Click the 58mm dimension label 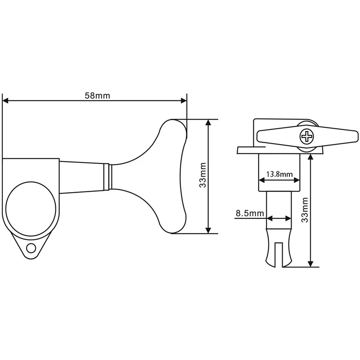click(97, 95)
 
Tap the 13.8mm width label click(279, 174)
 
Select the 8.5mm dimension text click(249, 213)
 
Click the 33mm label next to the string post click(305, 210)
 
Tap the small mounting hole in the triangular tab click(31, 248)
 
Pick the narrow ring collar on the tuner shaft click(108, 176)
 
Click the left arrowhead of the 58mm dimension click(6, 101)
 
